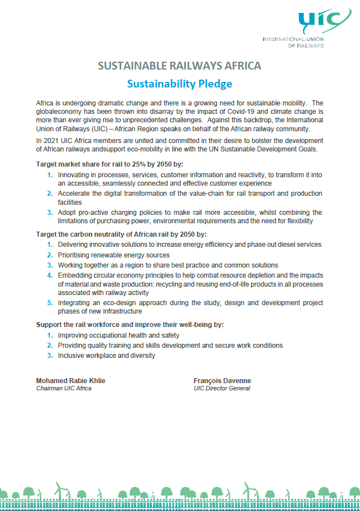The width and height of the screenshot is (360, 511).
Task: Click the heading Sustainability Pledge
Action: coord(179,84)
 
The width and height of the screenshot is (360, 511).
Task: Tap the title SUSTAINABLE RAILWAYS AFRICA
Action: coord(179,66)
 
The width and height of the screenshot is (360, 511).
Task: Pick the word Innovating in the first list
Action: coord(75,175)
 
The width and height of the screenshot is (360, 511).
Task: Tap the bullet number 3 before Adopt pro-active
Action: coord(50,213)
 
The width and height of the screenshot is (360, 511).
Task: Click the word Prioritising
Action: coord(77,255)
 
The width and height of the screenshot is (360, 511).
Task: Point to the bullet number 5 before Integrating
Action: coord(50,303)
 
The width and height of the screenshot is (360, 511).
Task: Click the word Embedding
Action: coord(77,275)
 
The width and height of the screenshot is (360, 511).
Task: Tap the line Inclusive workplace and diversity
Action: coord(107,355)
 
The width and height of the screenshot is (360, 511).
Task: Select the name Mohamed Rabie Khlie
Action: coord(71,381)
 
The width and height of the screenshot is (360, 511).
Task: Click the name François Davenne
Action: coord(222,381)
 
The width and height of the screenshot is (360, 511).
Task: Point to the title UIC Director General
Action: coord(222,388)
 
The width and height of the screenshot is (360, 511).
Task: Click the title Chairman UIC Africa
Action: coord(63,388)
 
